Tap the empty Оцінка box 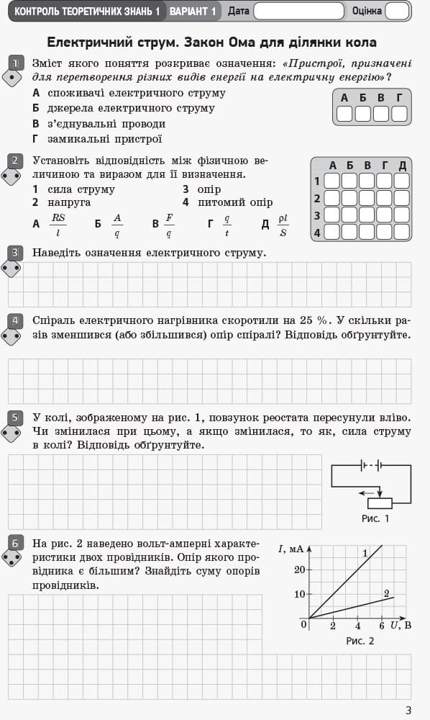pos(397,12)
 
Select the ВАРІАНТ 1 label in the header pos(193,12)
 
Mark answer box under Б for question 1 pos(362,114)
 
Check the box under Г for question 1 pos(399,114)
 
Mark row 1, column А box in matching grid pos(331,181)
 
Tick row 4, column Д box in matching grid pos(402,232)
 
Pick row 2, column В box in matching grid pos(367,198)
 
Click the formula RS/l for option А pos(58,225)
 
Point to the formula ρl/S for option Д pos(283,225)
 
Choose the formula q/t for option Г pos(227,225)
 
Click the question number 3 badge pos(14,254)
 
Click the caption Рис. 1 pos(375,518)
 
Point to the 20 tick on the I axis pos(300,570)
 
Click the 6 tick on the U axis pos(382,626)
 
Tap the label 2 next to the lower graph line pos(387,594)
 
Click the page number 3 pos(408,711)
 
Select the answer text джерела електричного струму pos(130,108)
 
